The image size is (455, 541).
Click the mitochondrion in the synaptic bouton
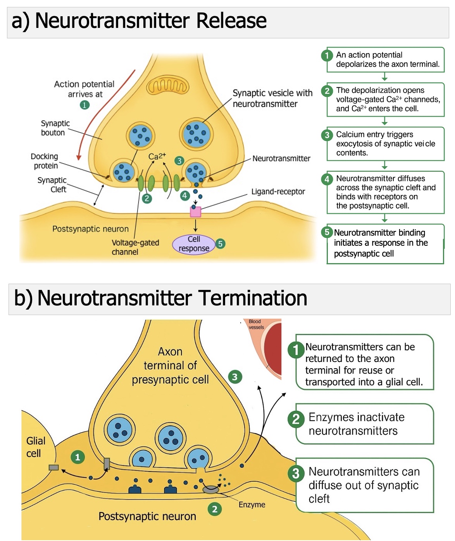coord(168,86)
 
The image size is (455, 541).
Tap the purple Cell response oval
coord(194,244)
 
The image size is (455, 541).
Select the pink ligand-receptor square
coord(195,212)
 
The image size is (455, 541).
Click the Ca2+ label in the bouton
coord(157,156)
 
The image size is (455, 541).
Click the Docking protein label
coord(45,161)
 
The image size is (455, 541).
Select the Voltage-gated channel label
coord(135,247)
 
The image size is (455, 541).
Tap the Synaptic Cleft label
coord(52,185)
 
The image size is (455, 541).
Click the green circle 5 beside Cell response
coord(220,244)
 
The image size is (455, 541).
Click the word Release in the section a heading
coord(231,21)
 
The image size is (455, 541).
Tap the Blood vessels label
coord(256,324)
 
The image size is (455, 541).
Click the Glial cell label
coord(36,447)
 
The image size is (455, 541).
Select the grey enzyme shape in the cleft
coord(211,489)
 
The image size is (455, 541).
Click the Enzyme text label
coord(252,505)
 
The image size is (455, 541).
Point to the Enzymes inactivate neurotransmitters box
coord(364,424)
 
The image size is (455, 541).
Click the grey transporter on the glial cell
coord(53,467)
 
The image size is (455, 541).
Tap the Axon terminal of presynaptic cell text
coord(170,365)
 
